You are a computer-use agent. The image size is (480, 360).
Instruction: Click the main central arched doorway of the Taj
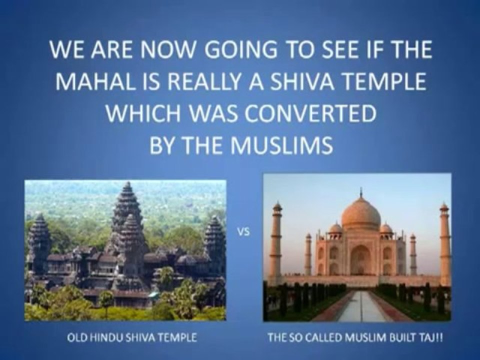point(360,259)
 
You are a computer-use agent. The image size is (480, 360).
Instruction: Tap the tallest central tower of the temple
point(126,208)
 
